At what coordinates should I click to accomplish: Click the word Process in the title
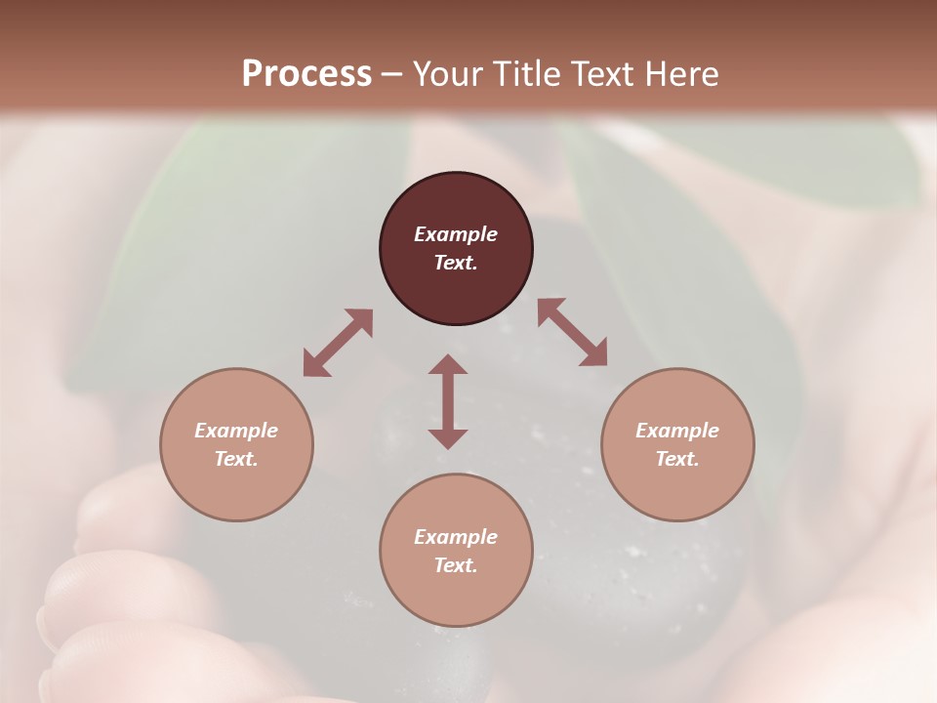tap(306, 74)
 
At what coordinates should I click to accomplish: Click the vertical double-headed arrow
tap(448, 401)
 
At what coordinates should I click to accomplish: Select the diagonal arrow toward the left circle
tap(338, 343)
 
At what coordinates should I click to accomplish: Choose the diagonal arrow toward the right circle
tap(573, 332)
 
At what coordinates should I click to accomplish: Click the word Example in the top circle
tap(456, 234)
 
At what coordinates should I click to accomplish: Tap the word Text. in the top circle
tap(456, 263)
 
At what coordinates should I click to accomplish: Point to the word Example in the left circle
tap(236, 431)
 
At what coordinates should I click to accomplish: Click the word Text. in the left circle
tap(236, 459)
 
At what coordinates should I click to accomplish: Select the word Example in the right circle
tap(677, 431)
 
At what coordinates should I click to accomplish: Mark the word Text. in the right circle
tap(677, 459)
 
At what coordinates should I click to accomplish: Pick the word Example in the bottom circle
tap(456, 537)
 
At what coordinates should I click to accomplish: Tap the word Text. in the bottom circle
tap(456, 565)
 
